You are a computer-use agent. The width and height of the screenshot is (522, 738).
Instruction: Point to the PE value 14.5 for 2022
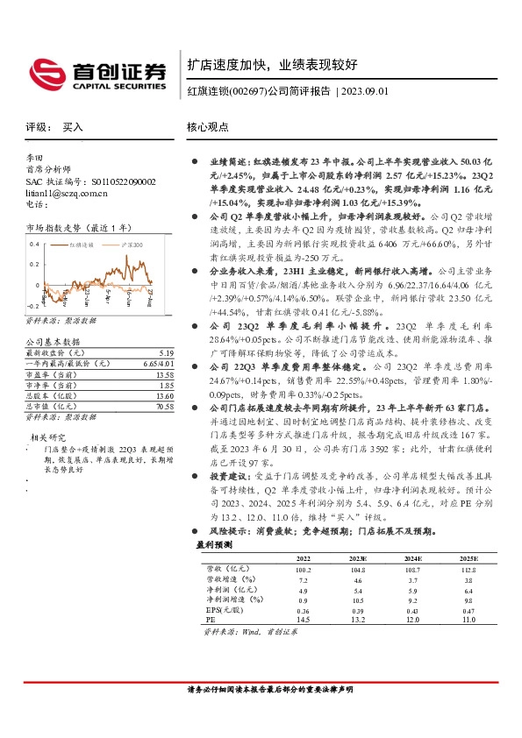(304, 620)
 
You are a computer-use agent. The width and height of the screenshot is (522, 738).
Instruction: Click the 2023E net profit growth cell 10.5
(358, 600)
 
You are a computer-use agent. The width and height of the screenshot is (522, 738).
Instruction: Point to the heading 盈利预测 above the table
(213, 544)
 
